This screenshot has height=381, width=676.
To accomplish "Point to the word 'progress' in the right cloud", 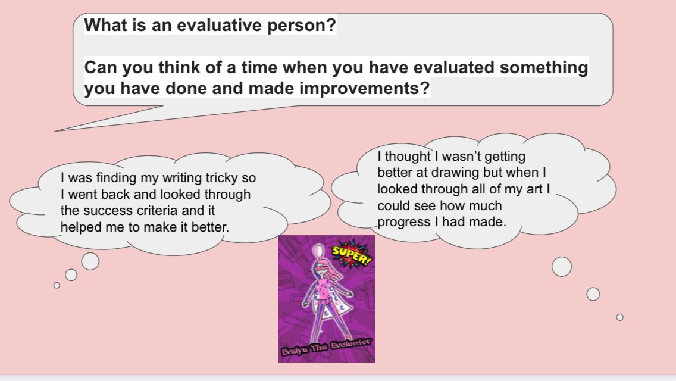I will point(402,221).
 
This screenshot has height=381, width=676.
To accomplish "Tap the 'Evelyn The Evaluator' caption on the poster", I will point(326,349).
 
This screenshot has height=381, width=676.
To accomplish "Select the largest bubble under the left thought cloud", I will point(90,261).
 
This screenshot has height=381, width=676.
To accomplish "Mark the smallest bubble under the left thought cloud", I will point(57,285).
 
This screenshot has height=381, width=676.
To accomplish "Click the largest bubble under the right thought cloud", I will point(561,266).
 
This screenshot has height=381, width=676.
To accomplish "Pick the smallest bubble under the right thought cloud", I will point(619,317).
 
